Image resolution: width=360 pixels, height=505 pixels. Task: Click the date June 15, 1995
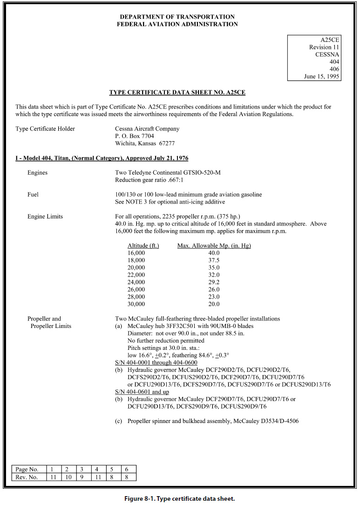pyautogui.click(x=321, y=76)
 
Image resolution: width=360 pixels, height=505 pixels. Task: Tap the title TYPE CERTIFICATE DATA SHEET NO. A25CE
pyautogui.click(x=177, y=92)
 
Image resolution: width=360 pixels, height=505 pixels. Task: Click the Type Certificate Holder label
pyautogui.click(x=45, y=129)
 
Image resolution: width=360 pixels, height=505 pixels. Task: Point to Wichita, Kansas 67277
pyautogui.click(x=145, y=143)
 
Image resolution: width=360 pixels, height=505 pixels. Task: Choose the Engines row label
pyautogui.click(x=37, y=173)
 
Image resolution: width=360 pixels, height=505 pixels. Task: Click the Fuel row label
pyautogui.click(x=33, y=194)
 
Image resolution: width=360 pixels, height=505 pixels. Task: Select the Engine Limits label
pyautogui.click(x=45, y=217)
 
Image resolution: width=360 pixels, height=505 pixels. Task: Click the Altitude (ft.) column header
pyautogui.click(x=143, y=246)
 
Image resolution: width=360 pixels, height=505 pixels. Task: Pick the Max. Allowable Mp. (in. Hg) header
pyautogui.click(x=214, y=246)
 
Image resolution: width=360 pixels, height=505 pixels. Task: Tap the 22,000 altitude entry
pyautogui.click(x=136, y=275)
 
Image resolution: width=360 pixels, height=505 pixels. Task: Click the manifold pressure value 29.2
pyautogui.click(x=214, y=282)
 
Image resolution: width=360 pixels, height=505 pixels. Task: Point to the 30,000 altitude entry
pyautogui.click(x=136, y=304)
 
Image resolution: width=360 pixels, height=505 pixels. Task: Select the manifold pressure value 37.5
pyautogui.click(x=214, y=260)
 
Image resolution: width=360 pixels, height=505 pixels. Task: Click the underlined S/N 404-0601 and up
pyautogui.click(x=142, y=392)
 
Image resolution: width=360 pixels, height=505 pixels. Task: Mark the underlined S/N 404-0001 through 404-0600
pyautogui.click(x=156, y=362)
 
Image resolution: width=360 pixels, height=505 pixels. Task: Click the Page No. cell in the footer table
pyautogui.click(x=27, y=470)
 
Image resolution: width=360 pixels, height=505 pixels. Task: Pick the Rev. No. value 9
pyautogui.click(x=82, y=477)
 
